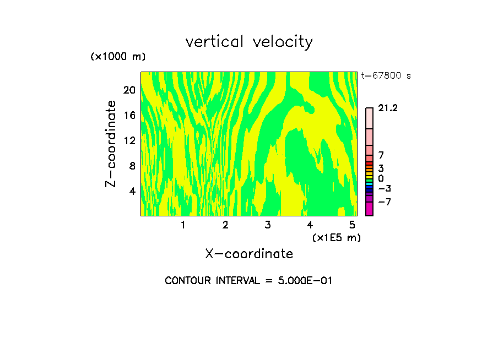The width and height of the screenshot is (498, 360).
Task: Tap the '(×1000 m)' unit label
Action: tap(118, 57)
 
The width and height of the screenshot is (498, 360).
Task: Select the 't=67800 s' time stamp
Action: tap(386, 76)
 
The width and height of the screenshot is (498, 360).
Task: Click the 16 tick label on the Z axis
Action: tap(129, 115)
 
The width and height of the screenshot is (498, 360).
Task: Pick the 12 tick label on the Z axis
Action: tap(129, 140)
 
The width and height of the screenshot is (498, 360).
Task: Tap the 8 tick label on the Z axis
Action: tap(132, 166)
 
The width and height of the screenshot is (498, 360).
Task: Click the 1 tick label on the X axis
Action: tap(183, 225)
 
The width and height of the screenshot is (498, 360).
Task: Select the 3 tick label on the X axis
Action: tap(268, 225)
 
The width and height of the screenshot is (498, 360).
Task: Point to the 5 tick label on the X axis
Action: tap(352, 225)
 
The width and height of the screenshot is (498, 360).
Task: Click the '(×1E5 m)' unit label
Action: tap(337, 237)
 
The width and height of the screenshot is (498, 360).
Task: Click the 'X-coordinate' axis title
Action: tap(249, 254)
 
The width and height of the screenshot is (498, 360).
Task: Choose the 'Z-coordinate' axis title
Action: tap(111, 144)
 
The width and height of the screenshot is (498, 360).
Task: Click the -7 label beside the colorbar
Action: tap(383, 201)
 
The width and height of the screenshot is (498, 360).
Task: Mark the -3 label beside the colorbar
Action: tap(383, 188)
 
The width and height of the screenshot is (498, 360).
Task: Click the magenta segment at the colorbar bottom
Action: tap(369, 209)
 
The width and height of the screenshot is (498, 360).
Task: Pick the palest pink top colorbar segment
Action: tap(369, 118)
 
